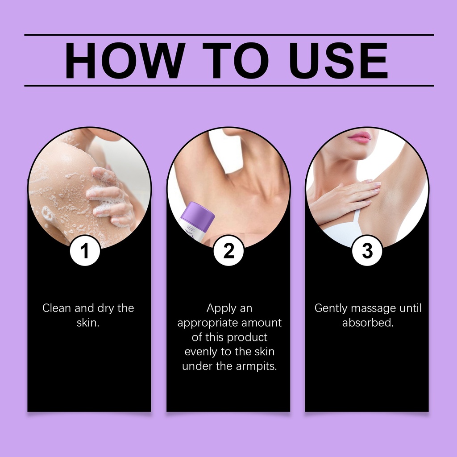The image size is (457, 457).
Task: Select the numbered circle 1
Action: [x=85, y=251]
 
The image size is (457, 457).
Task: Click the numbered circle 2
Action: [x=228, y=251]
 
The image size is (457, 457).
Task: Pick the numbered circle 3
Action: [x=367, y=251]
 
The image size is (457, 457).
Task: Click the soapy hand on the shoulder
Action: [x=110, y=196]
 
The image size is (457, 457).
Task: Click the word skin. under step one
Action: [x=88, y=323]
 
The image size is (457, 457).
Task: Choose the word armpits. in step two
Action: [x=257, y=366]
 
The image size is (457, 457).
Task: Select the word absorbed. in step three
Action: [x=368, y=323]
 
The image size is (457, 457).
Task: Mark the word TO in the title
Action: [x=236, y=61]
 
